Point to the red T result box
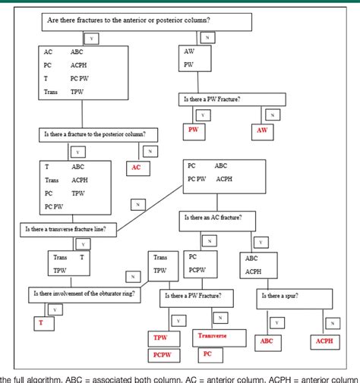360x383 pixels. point(41,323)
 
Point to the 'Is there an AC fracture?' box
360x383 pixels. point(217,221)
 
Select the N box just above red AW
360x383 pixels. point(271,115)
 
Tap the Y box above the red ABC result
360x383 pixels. point(277,322)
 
